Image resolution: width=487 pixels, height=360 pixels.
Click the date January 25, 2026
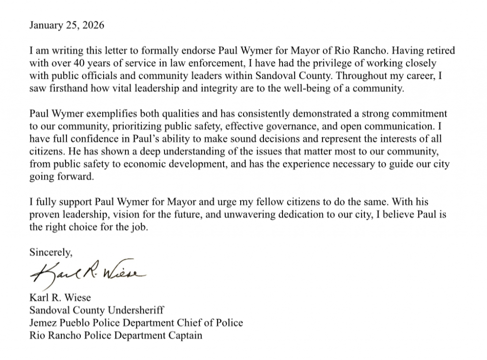[67, 25]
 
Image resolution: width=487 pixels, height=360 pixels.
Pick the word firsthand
[68, 89]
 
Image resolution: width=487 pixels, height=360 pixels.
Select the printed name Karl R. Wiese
[60, 299]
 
